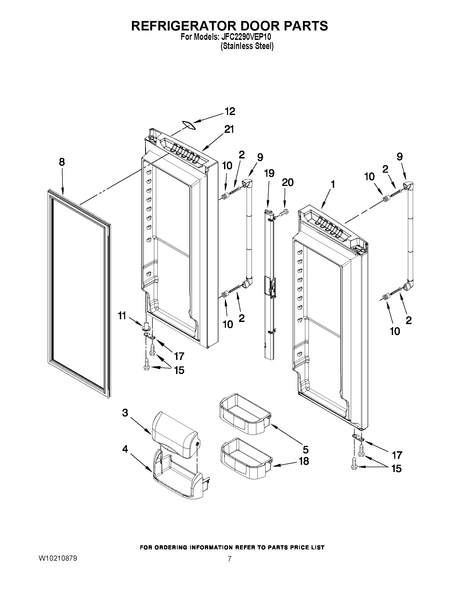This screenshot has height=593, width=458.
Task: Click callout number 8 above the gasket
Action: coord(62,162)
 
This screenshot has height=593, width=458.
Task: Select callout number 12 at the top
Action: coord(230,112)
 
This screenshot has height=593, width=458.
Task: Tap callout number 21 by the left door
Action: coord(228,130)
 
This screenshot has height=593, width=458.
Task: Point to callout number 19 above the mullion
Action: coord(269,173)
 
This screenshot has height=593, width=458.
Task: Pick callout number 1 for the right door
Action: coord(332,185)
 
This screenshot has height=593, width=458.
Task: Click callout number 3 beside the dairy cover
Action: coord(125,413)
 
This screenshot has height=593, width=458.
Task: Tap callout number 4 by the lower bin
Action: coord(125,449)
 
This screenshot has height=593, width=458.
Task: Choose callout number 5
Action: coord(306,450)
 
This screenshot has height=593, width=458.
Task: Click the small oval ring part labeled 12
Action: coord(188,124)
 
